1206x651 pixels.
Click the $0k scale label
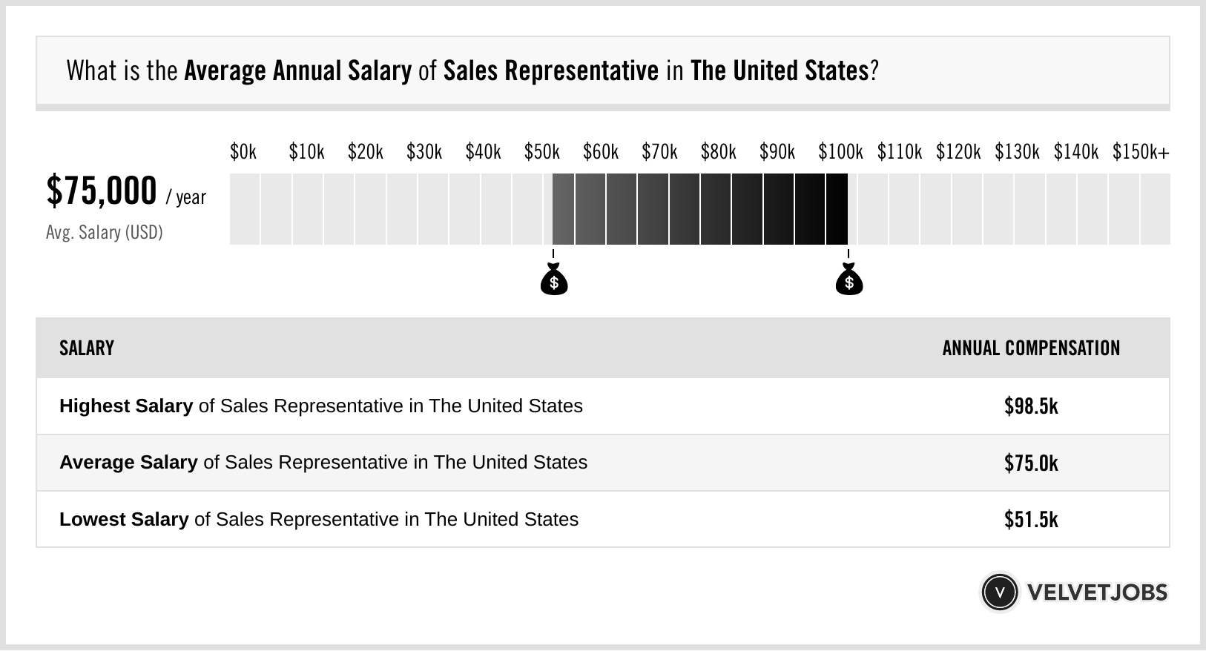coord(243,152)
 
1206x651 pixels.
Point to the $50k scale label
coord(541,152)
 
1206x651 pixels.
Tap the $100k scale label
coord(840,152)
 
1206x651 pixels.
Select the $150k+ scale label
coord(1141,152)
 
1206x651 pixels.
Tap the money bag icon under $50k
coord(554,280)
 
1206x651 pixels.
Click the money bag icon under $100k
coord(849,280)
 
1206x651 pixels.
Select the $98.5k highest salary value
coord(1031,406)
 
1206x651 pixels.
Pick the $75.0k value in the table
coord(1031,463)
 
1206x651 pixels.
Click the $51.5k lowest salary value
coord(1031,520)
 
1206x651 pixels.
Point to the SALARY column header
coord(87,348)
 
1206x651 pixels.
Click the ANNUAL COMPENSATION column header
coord(1031,348)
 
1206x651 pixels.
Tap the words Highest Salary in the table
coord(126,406)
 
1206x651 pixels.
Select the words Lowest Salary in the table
coord(124,520)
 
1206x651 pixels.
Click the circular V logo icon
coord(1000,592)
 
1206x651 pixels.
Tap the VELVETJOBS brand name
coord(1097,592)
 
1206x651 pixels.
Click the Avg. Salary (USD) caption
coord(105,233)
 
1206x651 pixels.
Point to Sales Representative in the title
coord(550,71)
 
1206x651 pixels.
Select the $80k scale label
coord(718,152)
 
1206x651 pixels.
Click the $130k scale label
coord(1017,152)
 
